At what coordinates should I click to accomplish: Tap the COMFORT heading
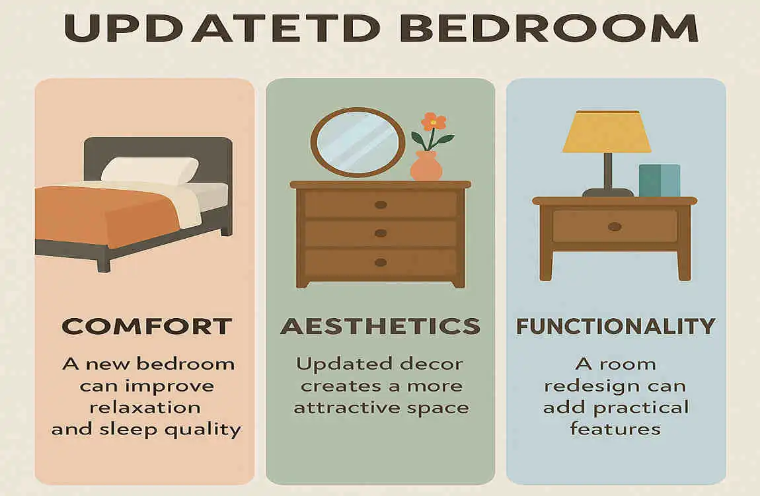click(146, 326)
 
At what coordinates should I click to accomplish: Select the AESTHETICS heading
click(380, 326)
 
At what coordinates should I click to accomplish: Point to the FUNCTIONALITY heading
click(615, 326)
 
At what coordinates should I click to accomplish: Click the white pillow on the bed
click(150, 170)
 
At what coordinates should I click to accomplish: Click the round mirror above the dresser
click(358, 143)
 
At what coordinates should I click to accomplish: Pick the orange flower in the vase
click(434, 122)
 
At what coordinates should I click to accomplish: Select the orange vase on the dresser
click(426, 167)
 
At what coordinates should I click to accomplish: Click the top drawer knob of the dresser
click(381, 204)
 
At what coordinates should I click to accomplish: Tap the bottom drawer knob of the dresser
click(381, 263)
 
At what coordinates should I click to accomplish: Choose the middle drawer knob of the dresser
click(381, 233)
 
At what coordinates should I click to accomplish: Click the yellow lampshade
click(606, 132)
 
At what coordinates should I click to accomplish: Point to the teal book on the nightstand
click(659, 180)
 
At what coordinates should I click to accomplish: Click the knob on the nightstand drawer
click(615, 227)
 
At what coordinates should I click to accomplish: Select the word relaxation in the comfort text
click(146, 407)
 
